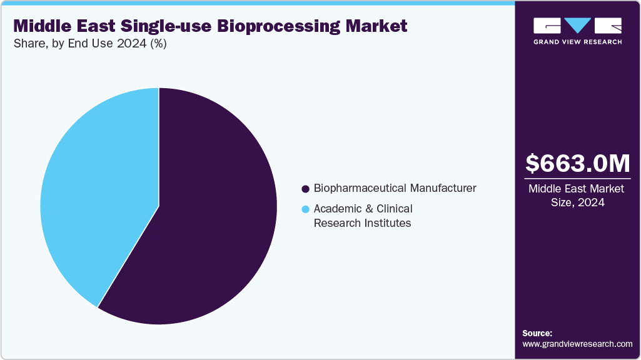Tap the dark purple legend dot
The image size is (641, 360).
coord(306,189)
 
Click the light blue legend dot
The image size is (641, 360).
coord(306,209)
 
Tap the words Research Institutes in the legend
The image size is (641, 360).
coord(362,223)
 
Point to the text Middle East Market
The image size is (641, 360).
coord(577,189)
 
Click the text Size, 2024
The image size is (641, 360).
coord(577,202)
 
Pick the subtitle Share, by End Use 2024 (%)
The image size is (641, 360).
coord(90,44)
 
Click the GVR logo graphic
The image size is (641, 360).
coord(577,26)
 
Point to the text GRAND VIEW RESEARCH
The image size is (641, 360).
coord(577,42)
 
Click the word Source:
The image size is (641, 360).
coord(537,333)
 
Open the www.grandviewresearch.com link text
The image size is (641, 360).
coord(577,344)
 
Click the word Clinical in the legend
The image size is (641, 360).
coord(394,209)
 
